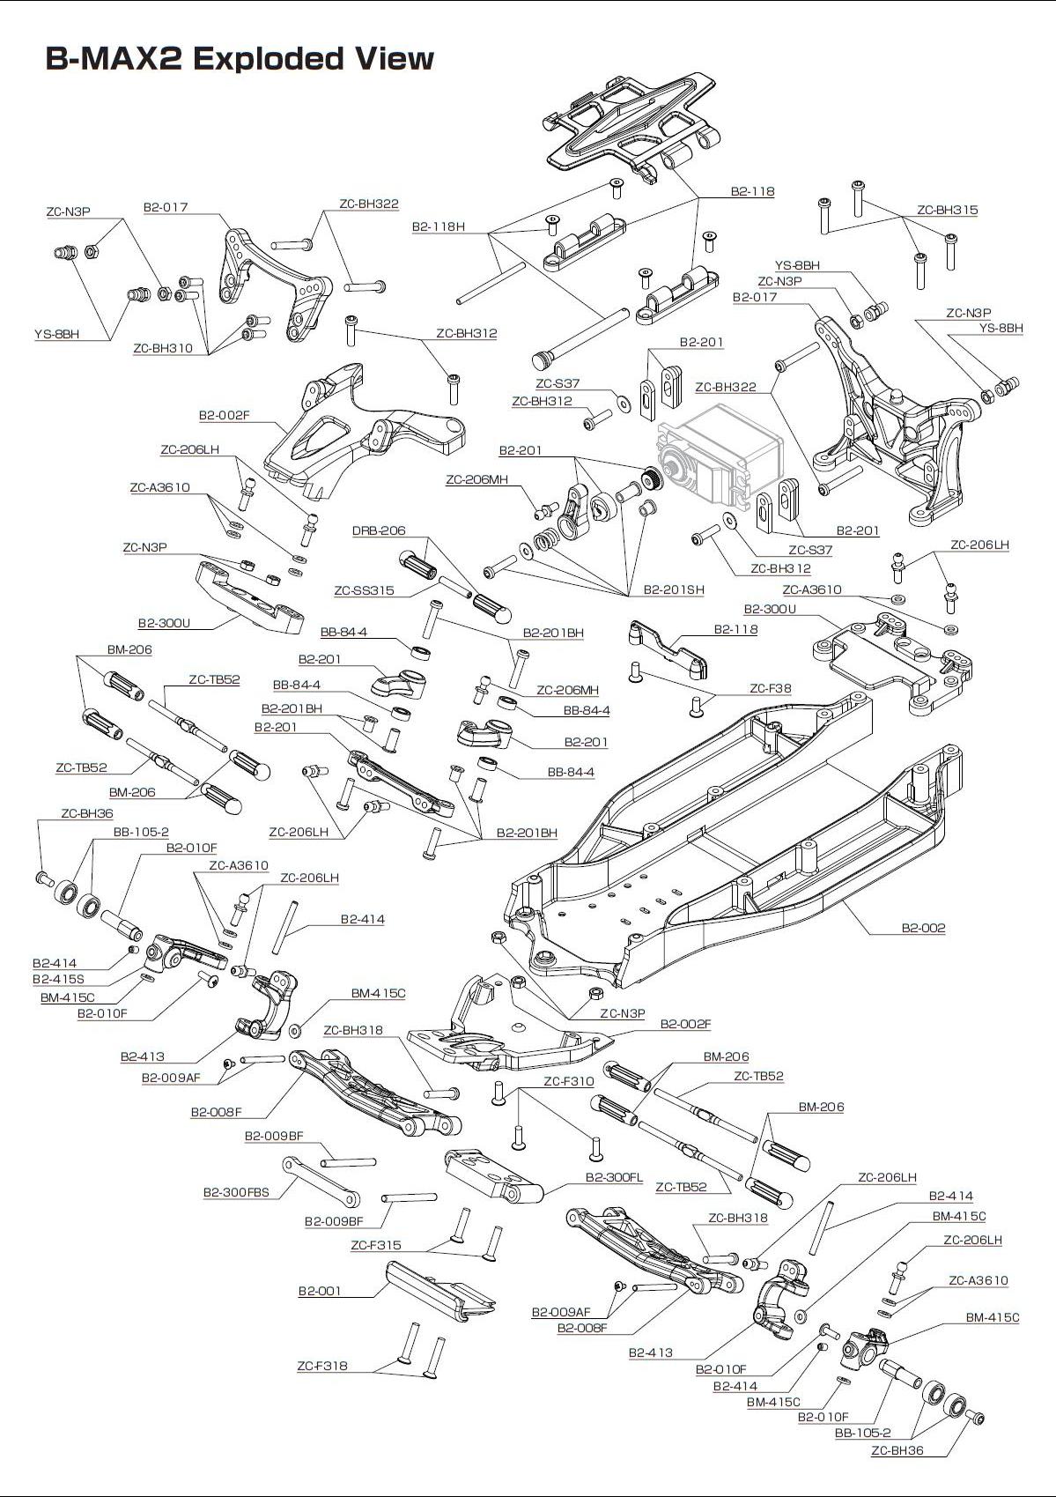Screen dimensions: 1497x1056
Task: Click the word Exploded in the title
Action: [x=269, y=59]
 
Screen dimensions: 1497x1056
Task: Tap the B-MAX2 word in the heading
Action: [x=114, y=59]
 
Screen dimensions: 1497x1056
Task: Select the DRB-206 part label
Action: [x=379, y=530]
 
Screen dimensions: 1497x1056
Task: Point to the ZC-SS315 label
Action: [x=364, y=590]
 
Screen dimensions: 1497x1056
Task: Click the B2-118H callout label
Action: [x=438, y=226]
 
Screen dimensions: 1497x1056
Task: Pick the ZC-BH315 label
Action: [x=947, y=210]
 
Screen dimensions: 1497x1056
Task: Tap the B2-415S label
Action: [x=58, y=979]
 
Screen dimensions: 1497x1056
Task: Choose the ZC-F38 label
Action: [x=770, y=689]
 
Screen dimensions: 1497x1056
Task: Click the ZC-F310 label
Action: [x=568, y=1081]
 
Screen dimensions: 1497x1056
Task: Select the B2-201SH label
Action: [x=673, y=589]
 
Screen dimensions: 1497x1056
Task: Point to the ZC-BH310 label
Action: [x=162, y=348]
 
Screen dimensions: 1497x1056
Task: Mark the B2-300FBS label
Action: [x=236, y=1192]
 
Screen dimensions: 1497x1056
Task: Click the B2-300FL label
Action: [x=614, y=1177]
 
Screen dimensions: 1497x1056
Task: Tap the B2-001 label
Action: [x=319, y=1291]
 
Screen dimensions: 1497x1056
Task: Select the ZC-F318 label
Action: [x=321, y=1366]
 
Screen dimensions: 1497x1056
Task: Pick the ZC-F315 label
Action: [x=375, y=1245]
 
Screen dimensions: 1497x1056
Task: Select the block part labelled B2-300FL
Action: [x=493, y=1176]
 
